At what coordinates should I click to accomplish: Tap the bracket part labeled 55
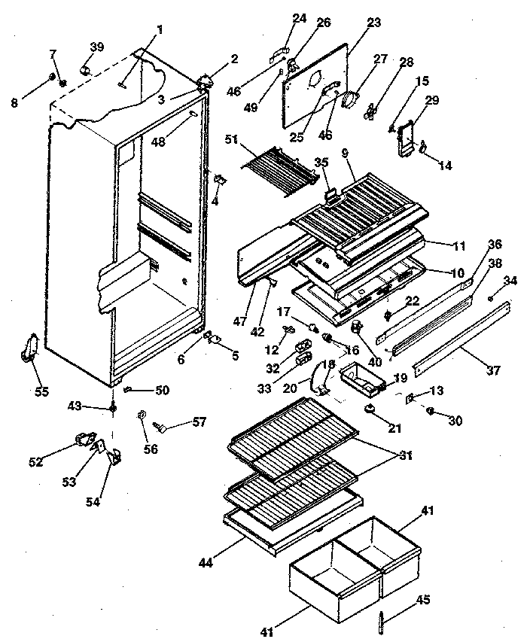pos(32,348)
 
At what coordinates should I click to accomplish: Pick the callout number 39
pos(97,47)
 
